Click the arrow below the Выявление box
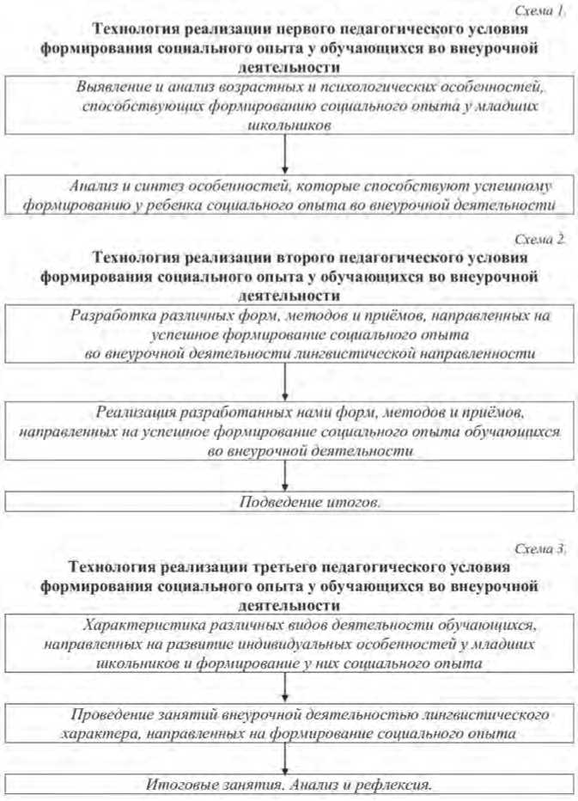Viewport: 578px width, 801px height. click(x=284, y=156)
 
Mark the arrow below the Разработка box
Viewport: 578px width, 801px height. click(x=284, y=382)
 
